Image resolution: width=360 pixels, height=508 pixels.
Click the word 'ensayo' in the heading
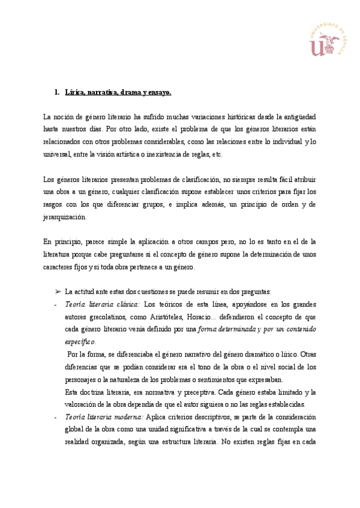point(159,92)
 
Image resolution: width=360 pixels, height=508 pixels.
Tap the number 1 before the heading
point(56,92)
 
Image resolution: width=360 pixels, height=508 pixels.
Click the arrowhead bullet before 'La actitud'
point(58,291)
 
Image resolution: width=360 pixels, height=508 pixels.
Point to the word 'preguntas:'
point(254,291)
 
